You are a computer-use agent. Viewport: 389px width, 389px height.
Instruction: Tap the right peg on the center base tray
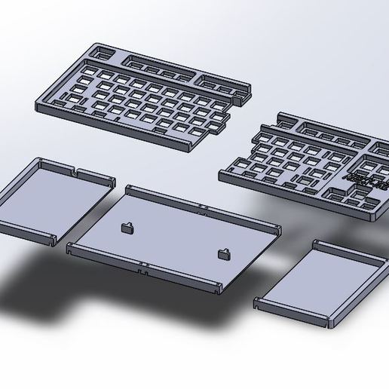coord(224,254)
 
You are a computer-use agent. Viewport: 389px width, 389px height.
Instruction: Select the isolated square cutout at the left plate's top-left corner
coord(101,52)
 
